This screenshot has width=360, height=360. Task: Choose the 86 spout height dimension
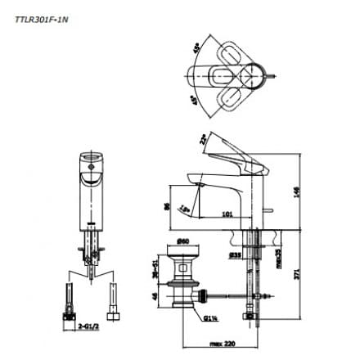(168, 208)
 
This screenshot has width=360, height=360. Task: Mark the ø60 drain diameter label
(183, 242)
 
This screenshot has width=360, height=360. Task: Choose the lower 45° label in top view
(195, 101)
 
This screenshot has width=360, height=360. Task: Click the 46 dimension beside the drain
(155, 295)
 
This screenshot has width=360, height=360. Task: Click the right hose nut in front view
(115, 312)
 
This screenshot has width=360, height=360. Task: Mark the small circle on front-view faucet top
(92, 169)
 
